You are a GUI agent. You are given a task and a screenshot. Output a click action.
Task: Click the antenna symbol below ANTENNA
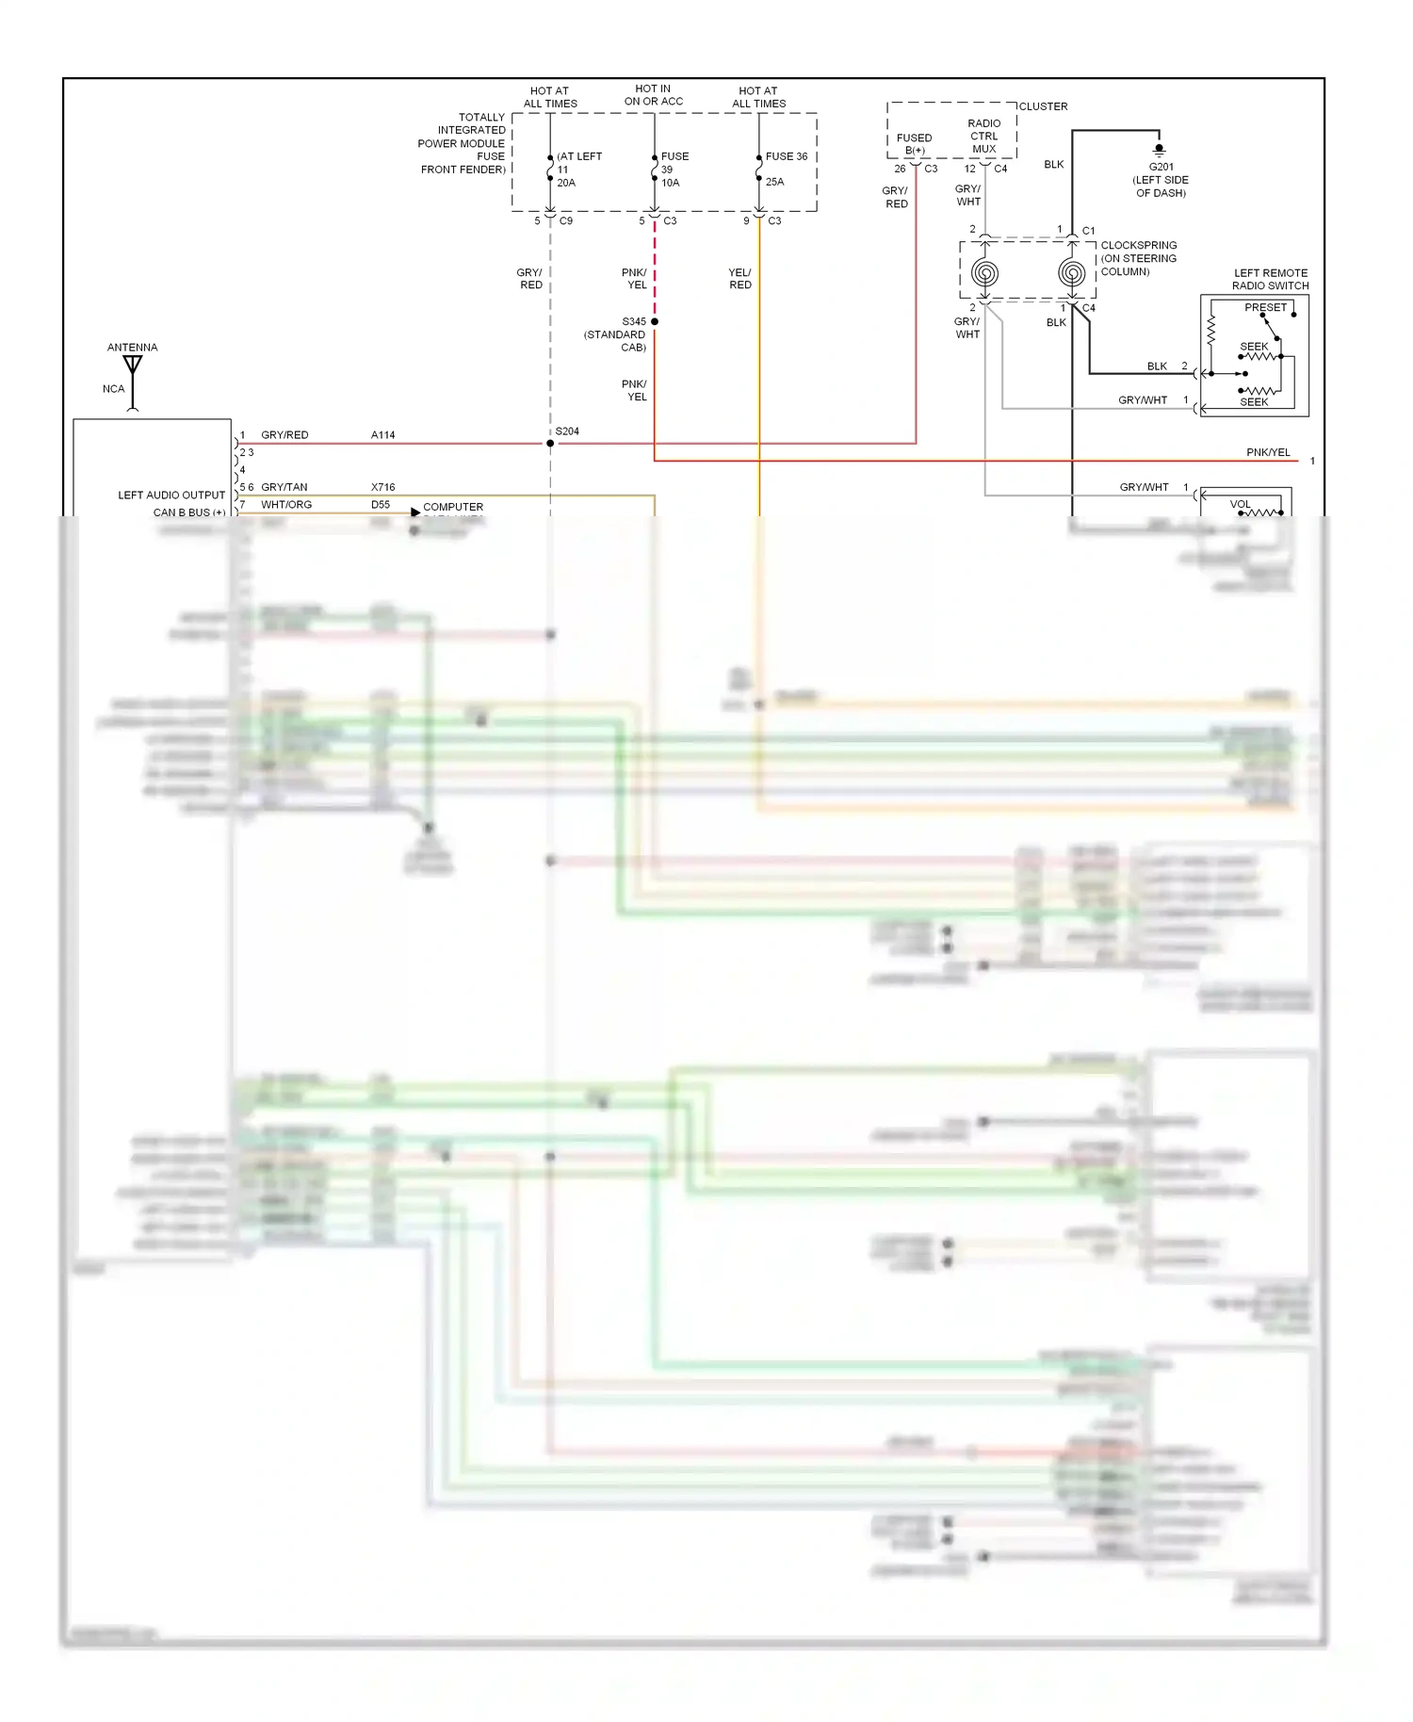[133, 366]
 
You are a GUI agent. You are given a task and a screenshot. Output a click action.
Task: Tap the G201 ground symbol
[1160, 150]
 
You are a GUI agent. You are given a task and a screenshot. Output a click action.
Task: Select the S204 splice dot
[550, 443]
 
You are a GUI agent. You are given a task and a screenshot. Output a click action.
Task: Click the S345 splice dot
[655, 321]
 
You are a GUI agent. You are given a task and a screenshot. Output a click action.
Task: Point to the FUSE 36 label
[787, 156]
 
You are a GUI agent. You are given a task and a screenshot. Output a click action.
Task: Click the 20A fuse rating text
[566, 183]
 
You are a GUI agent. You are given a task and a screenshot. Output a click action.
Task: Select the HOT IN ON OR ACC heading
[653, 95]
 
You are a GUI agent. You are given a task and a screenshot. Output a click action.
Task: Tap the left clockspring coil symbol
[985, 273]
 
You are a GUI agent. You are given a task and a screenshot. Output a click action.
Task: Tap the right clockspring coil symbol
[1072, 273]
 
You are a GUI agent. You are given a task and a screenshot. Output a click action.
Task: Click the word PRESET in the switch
[1265, 308]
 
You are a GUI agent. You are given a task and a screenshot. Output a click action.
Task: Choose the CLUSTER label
[1043, 106]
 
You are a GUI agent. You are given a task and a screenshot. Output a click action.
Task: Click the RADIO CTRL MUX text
[983, 136]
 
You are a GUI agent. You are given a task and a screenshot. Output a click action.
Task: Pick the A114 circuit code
[382, 435]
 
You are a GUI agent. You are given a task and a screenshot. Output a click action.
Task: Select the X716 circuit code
[382, 487]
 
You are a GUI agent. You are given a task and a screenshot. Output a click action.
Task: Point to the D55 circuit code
[381, 505]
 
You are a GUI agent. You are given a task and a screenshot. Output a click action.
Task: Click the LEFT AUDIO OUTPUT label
[171, 495]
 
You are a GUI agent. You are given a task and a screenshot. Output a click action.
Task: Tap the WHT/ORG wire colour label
[286, 505]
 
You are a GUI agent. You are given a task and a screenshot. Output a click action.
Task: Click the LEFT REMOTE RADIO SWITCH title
[1270, 279]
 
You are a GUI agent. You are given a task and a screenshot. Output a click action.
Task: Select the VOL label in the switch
[1240, 504]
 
